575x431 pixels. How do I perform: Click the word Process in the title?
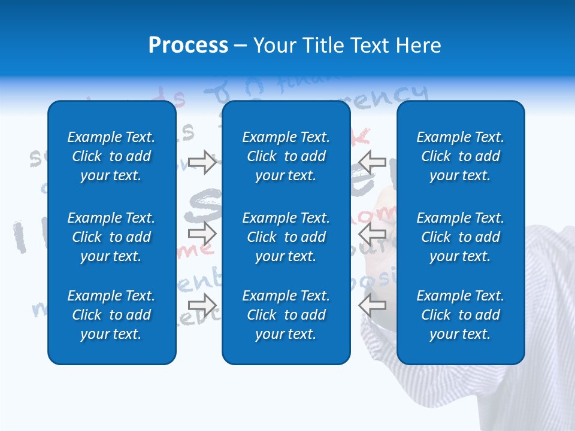[x=188, y=45]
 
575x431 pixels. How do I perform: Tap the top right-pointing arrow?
[x=202, y=162]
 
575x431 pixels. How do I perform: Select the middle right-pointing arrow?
[x=202, y=233]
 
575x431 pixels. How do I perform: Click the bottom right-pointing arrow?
[x=202, y=305]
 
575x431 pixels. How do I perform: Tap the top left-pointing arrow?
[x=373, y=162]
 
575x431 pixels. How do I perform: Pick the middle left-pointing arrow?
[x=373, y=233]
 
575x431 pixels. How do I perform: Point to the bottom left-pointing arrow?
[x=373, y=305]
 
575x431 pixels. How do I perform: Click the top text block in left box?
[x=111, y=156]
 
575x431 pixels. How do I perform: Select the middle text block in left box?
[x=111, y=237]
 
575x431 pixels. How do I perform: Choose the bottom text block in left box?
[x=111, y=315]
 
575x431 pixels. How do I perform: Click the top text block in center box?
[x=286, y=156]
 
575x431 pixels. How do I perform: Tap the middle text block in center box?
[x=286, y=237]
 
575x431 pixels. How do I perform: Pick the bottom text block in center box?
[x=286, y=315]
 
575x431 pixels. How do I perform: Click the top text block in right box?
[x=460, y=156]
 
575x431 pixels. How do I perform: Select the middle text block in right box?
[x=460, y=237]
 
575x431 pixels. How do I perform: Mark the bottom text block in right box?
[x=460, y=315]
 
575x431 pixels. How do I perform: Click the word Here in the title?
[x=419, y=45]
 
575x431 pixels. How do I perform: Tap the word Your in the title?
[x=274, y=45]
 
